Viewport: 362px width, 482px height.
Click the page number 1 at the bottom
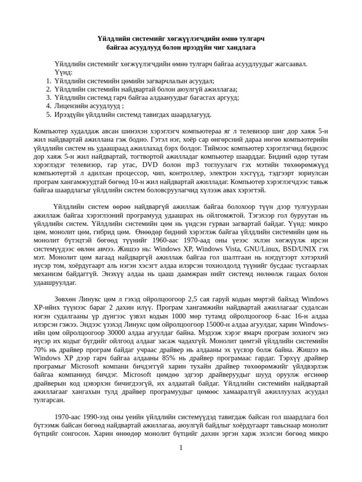181,447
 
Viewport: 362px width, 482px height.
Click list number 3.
49,97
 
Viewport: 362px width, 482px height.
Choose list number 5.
49,114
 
